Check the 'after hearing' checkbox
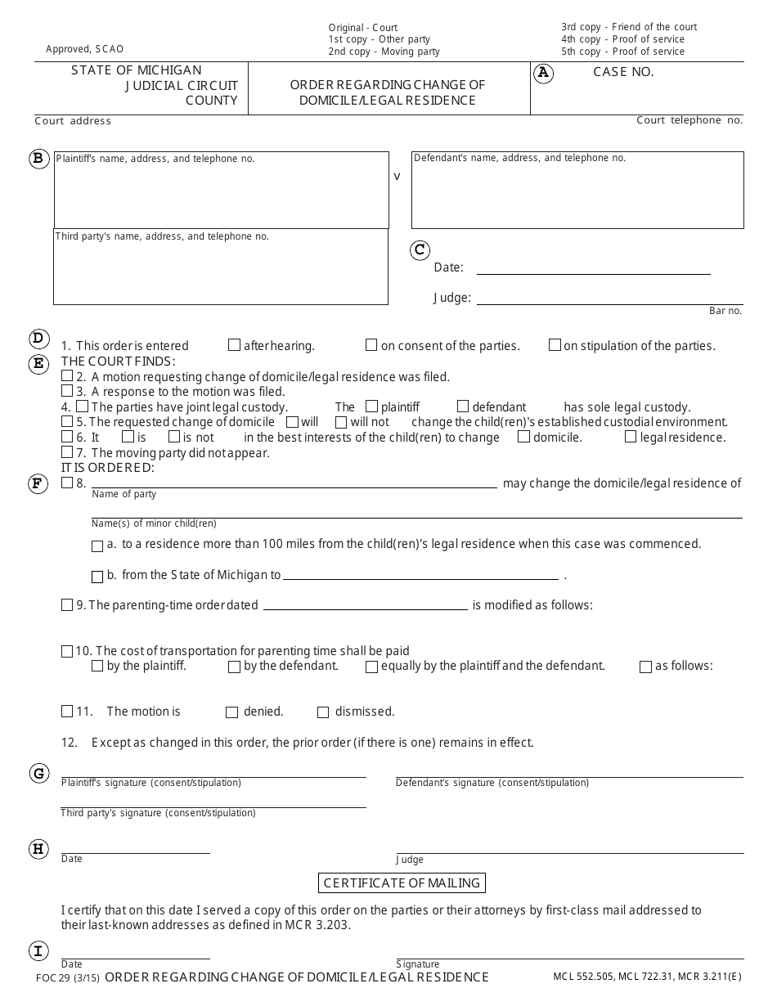coord(235,345)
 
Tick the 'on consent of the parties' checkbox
coord(371,345)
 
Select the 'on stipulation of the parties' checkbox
coord(555,345)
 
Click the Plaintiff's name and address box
coord(221,190)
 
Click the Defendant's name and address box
coord(577,190)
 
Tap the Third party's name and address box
coord(221,267)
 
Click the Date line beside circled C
coord(593,267)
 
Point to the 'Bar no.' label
coord(725,311)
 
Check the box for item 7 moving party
coord(67,452)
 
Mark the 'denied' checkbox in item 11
coord(232,712)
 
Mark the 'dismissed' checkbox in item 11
coord(323,712)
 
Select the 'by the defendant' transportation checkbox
coord(235,667)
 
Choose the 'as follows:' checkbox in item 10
coord(645,667)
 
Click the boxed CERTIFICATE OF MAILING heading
coord(401,882)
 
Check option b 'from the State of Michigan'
coord(97,576)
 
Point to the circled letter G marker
coord(38,774)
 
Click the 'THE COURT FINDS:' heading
coord(119,362)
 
